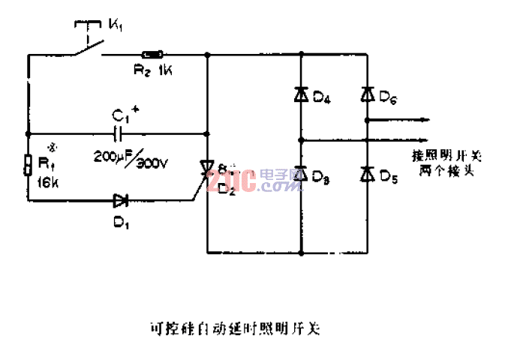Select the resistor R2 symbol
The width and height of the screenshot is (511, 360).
(x=153, y=54)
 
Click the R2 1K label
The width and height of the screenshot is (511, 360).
(x=154, y=70)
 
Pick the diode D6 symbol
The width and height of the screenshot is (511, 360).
(x=367, y=94)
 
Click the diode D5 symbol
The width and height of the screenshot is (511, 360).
(x=367, y=175)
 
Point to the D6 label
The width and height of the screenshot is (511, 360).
(x=389, y=96)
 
